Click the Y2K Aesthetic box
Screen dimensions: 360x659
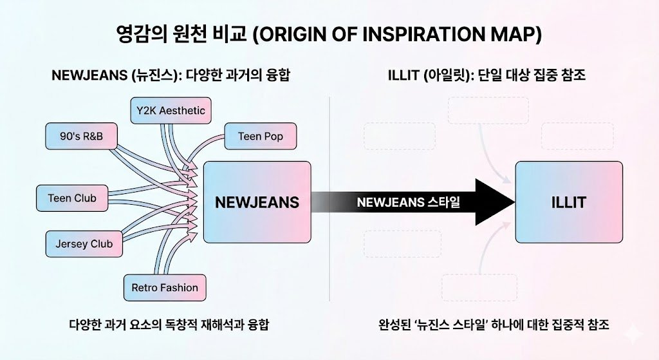tap(171, 111)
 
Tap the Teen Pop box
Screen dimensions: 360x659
tap(260, 136)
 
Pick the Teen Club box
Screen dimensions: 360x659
tap(72, 198)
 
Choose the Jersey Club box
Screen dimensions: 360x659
tap(84, 243)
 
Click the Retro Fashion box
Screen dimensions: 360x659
tap(164, 287)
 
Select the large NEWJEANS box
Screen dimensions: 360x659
tap(257, 202)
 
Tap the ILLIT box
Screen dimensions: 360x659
tap(569, 202)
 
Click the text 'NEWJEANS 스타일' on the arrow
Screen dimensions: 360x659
tap(409, 202)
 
